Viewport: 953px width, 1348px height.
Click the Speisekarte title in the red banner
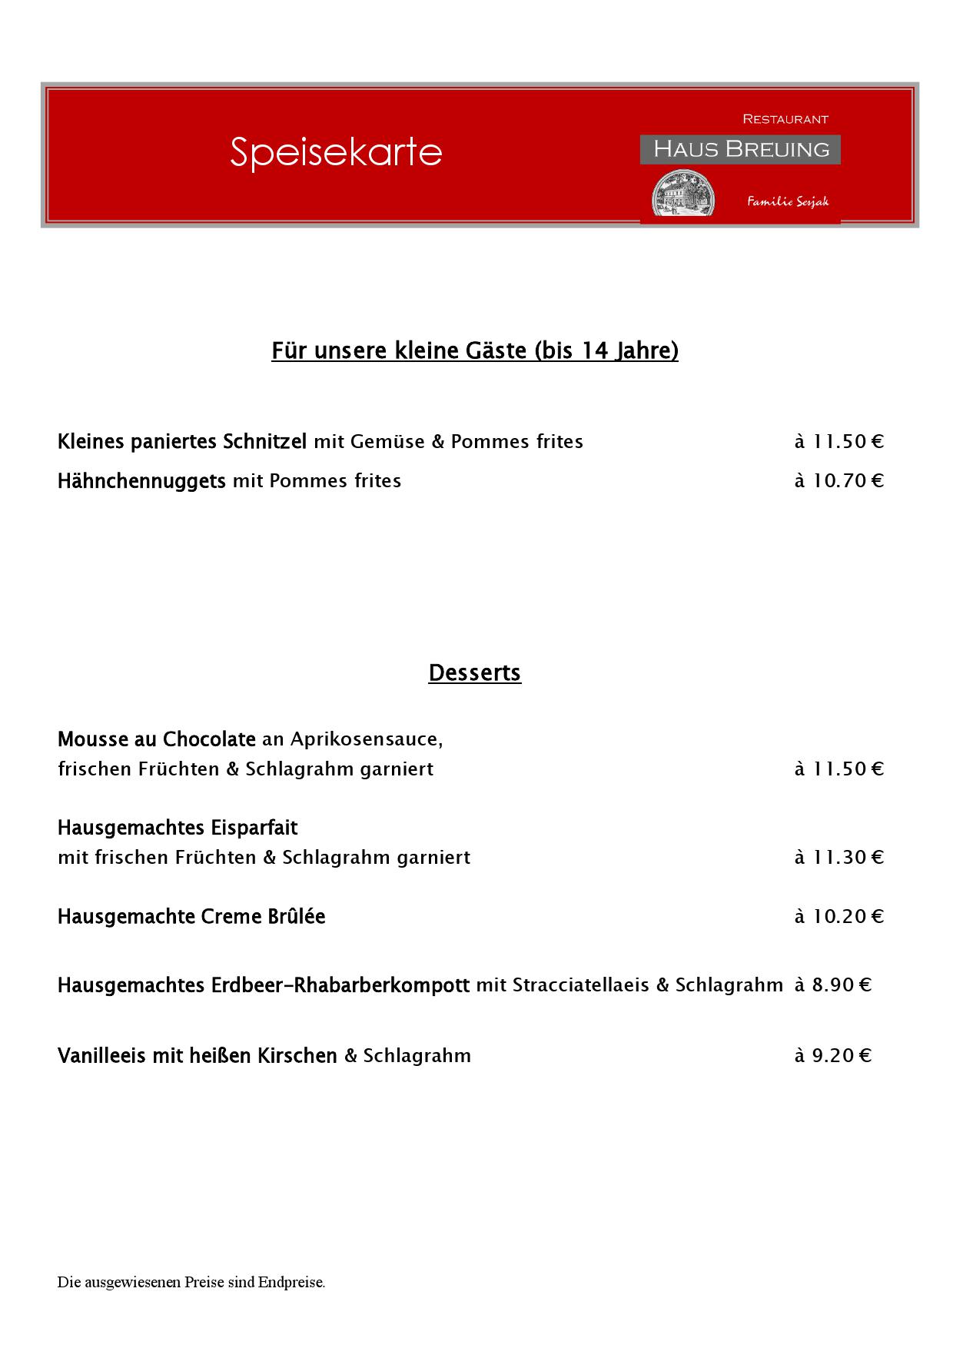pos(336,151)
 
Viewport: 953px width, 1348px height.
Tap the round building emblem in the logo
pos(682,195)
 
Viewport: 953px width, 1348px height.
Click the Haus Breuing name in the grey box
pos(741,149)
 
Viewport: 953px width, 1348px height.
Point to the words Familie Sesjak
pos(788,201)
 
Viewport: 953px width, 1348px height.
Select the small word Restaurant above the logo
pos(785,119)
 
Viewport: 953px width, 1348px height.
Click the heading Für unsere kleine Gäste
pos(474,350)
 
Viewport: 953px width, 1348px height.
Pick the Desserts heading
pos(474,672)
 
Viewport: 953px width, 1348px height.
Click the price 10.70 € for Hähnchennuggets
pos(839,481)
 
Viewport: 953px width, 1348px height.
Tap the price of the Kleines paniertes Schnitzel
pos(839,442)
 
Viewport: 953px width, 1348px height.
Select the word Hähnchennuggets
pos(141,481)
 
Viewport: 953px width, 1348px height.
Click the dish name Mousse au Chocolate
pos(156,739)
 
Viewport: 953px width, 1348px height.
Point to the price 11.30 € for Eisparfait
pos(839,857)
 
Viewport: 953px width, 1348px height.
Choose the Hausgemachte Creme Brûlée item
pos(191,916)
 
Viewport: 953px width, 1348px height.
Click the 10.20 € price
pos(839,916)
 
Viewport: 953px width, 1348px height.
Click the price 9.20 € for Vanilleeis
pos(833,1055)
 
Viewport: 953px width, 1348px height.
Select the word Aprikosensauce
pos(366,739)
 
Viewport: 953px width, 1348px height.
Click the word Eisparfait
pos(254,828)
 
